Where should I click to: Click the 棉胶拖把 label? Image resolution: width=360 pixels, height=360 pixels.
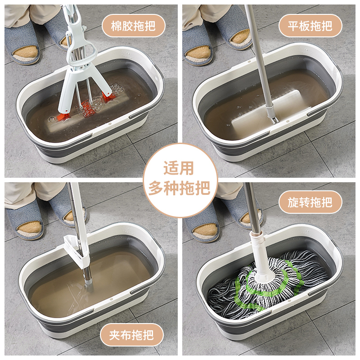click(x=133, y=26)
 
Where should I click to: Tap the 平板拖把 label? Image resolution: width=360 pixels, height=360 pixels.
click(x=310, y=26)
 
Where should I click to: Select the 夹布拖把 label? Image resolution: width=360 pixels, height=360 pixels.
click(x=131, y=335)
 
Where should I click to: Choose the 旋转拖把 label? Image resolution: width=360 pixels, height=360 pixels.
click(x=310, y=202)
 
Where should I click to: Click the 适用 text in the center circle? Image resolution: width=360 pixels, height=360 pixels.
click(x=179, y=168)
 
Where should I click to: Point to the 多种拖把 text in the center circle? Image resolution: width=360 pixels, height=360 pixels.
click(x=179, y=188)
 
